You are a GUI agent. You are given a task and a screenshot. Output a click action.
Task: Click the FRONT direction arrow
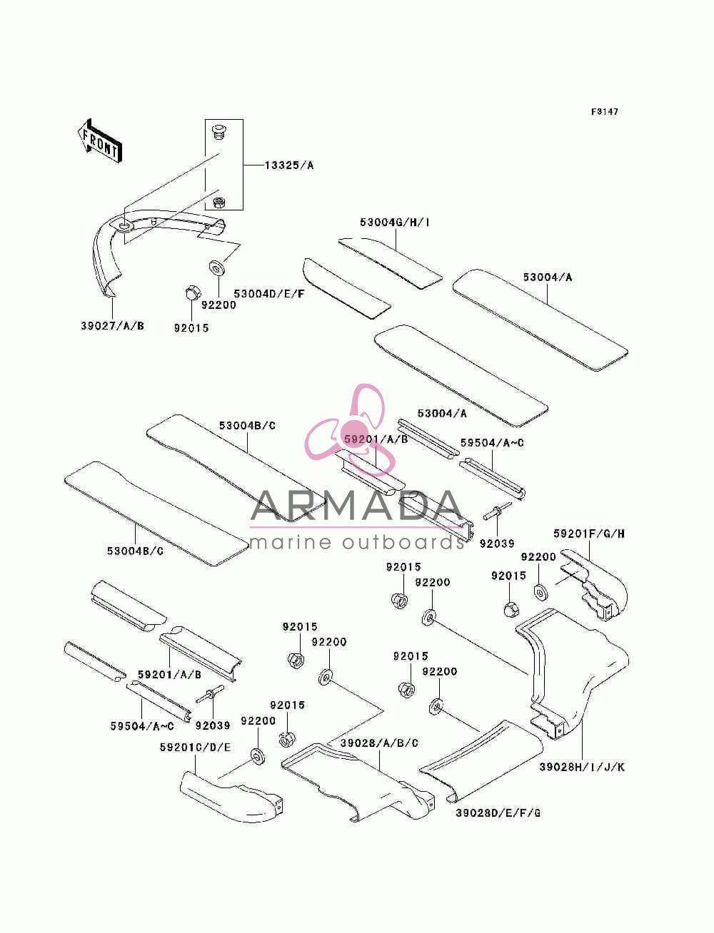tap(100, 141)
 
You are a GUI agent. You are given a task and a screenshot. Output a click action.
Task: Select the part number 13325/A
tap(289, 165)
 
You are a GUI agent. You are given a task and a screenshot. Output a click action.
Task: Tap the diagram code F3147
tap(604, 112)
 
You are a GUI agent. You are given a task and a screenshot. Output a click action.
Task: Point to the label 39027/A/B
tap(112, 326)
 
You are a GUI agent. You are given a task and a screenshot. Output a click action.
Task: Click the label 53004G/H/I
tap(394, 222)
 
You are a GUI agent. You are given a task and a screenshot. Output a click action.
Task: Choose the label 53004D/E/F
tap(269, 294)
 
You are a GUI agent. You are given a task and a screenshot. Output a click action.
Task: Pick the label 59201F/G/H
tap(589, 534)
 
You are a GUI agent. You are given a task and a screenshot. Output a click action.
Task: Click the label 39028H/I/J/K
tap(582, 768)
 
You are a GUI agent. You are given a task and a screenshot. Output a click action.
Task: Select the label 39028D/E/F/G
tap(498, 813)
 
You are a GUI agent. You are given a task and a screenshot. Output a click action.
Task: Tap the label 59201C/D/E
tap(196, 748)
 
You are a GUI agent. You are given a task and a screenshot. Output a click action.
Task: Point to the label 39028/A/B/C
tap(379, 743)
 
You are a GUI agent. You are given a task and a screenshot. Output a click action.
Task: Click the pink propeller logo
tap(350, 429)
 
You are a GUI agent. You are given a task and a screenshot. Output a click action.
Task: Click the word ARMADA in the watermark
tap(356, 506)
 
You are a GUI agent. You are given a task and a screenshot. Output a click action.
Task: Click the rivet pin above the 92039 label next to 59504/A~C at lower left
tap(211, 695)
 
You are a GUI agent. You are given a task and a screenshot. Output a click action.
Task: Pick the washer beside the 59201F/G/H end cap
tap(540, 593)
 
